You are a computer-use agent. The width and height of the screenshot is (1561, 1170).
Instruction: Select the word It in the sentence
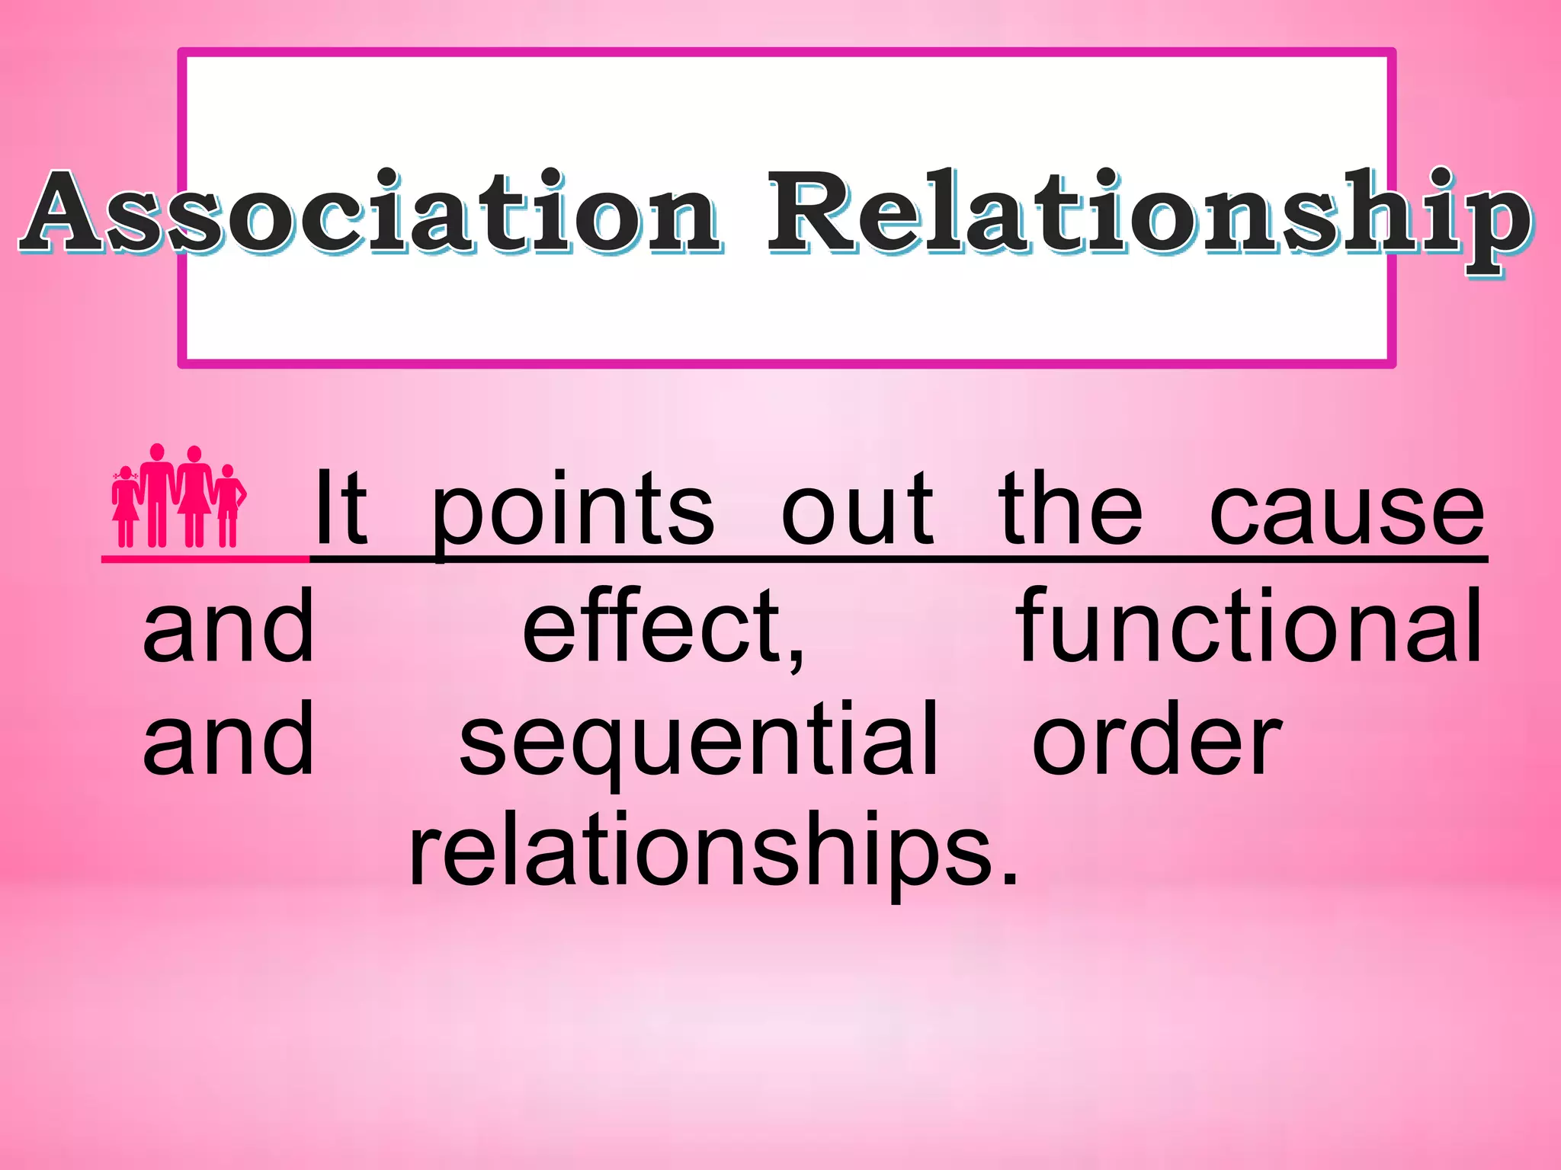(x=341, y=508)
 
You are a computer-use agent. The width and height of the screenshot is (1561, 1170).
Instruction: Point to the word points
(x=573, y=510)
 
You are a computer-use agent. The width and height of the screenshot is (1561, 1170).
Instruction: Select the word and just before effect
(x=229, y=626)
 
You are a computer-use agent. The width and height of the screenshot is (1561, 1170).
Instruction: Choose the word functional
(x=1250, y=626)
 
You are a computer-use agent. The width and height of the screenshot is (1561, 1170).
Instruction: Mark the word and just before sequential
(x=229, y=739)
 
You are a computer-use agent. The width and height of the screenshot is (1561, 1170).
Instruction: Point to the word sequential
(x=698, y=743)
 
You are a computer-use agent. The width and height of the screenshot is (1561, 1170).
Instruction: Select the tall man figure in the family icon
(x=157, y=495)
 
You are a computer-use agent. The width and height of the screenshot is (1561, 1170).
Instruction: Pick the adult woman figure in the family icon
(x=195, y=495)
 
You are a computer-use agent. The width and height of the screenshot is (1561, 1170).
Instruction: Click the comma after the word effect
(x=796, y=658)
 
